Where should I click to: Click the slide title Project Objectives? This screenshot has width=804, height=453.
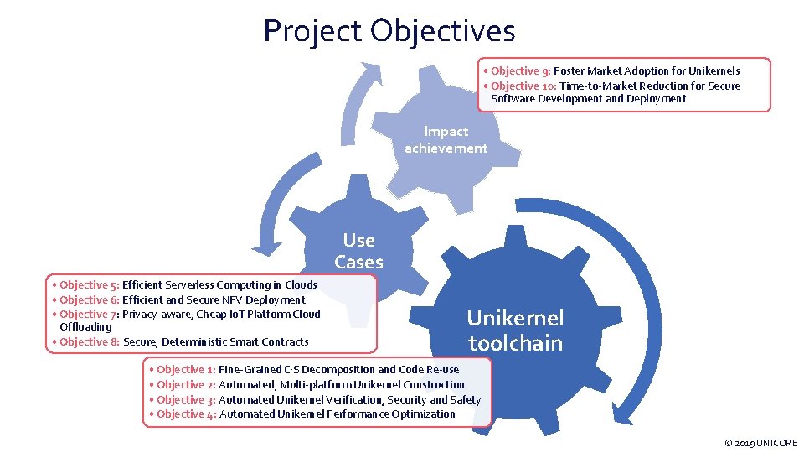(389, 32)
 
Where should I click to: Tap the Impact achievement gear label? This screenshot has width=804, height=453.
(446, 139)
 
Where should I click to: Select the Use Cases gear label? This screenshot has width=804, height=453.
(358, 251)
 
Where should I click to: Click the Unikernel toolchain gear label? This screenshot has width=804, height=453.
(515, 331)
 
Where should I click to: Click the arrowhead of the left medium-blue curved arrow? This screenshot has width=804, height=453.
(268, 246)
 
